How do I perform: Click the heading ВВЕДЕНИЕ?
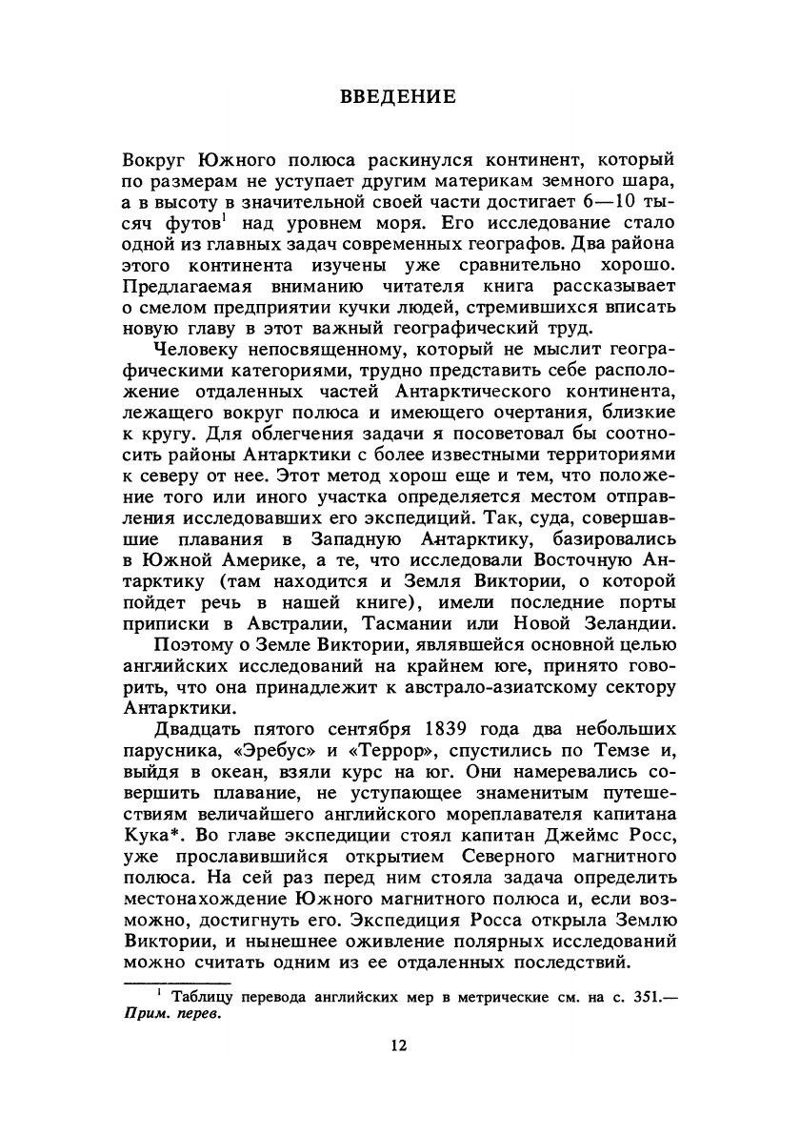coord(399,96)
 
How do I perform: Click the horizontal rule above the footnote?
coord(178,982)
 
